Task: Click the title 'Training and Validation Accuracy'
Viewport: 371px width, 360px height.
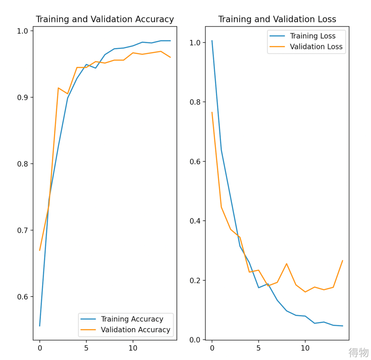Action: tap(105, 19)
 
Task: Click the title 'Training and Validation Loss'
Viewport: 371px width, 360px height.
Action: tap(277, 19)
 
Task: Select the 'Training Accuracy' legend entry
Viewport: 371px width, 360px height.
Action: tap(132, 319)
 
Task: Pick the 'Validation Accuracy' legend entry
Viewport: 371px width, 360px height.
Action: tap(135, 330)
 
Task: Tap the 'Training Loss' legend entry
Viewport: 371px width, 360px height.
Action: tap(313, 36)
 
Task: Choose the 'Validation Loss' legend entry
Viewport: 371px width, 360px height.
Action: tap(316, 47)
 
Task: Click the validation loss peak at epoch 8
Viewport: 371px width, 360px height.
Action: tap(286, 264)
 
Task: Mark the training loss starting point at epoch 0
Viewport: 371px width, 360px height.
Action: tap(212, 40)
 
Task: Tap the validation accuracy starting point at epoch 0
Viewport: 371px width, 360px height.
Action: tap(40, 250)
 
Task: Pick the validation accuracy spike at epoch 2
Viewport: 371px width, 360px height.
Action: tap(58, 88)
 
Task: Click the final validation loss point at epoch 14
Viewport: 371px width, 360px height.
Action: tap(342, 260)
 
